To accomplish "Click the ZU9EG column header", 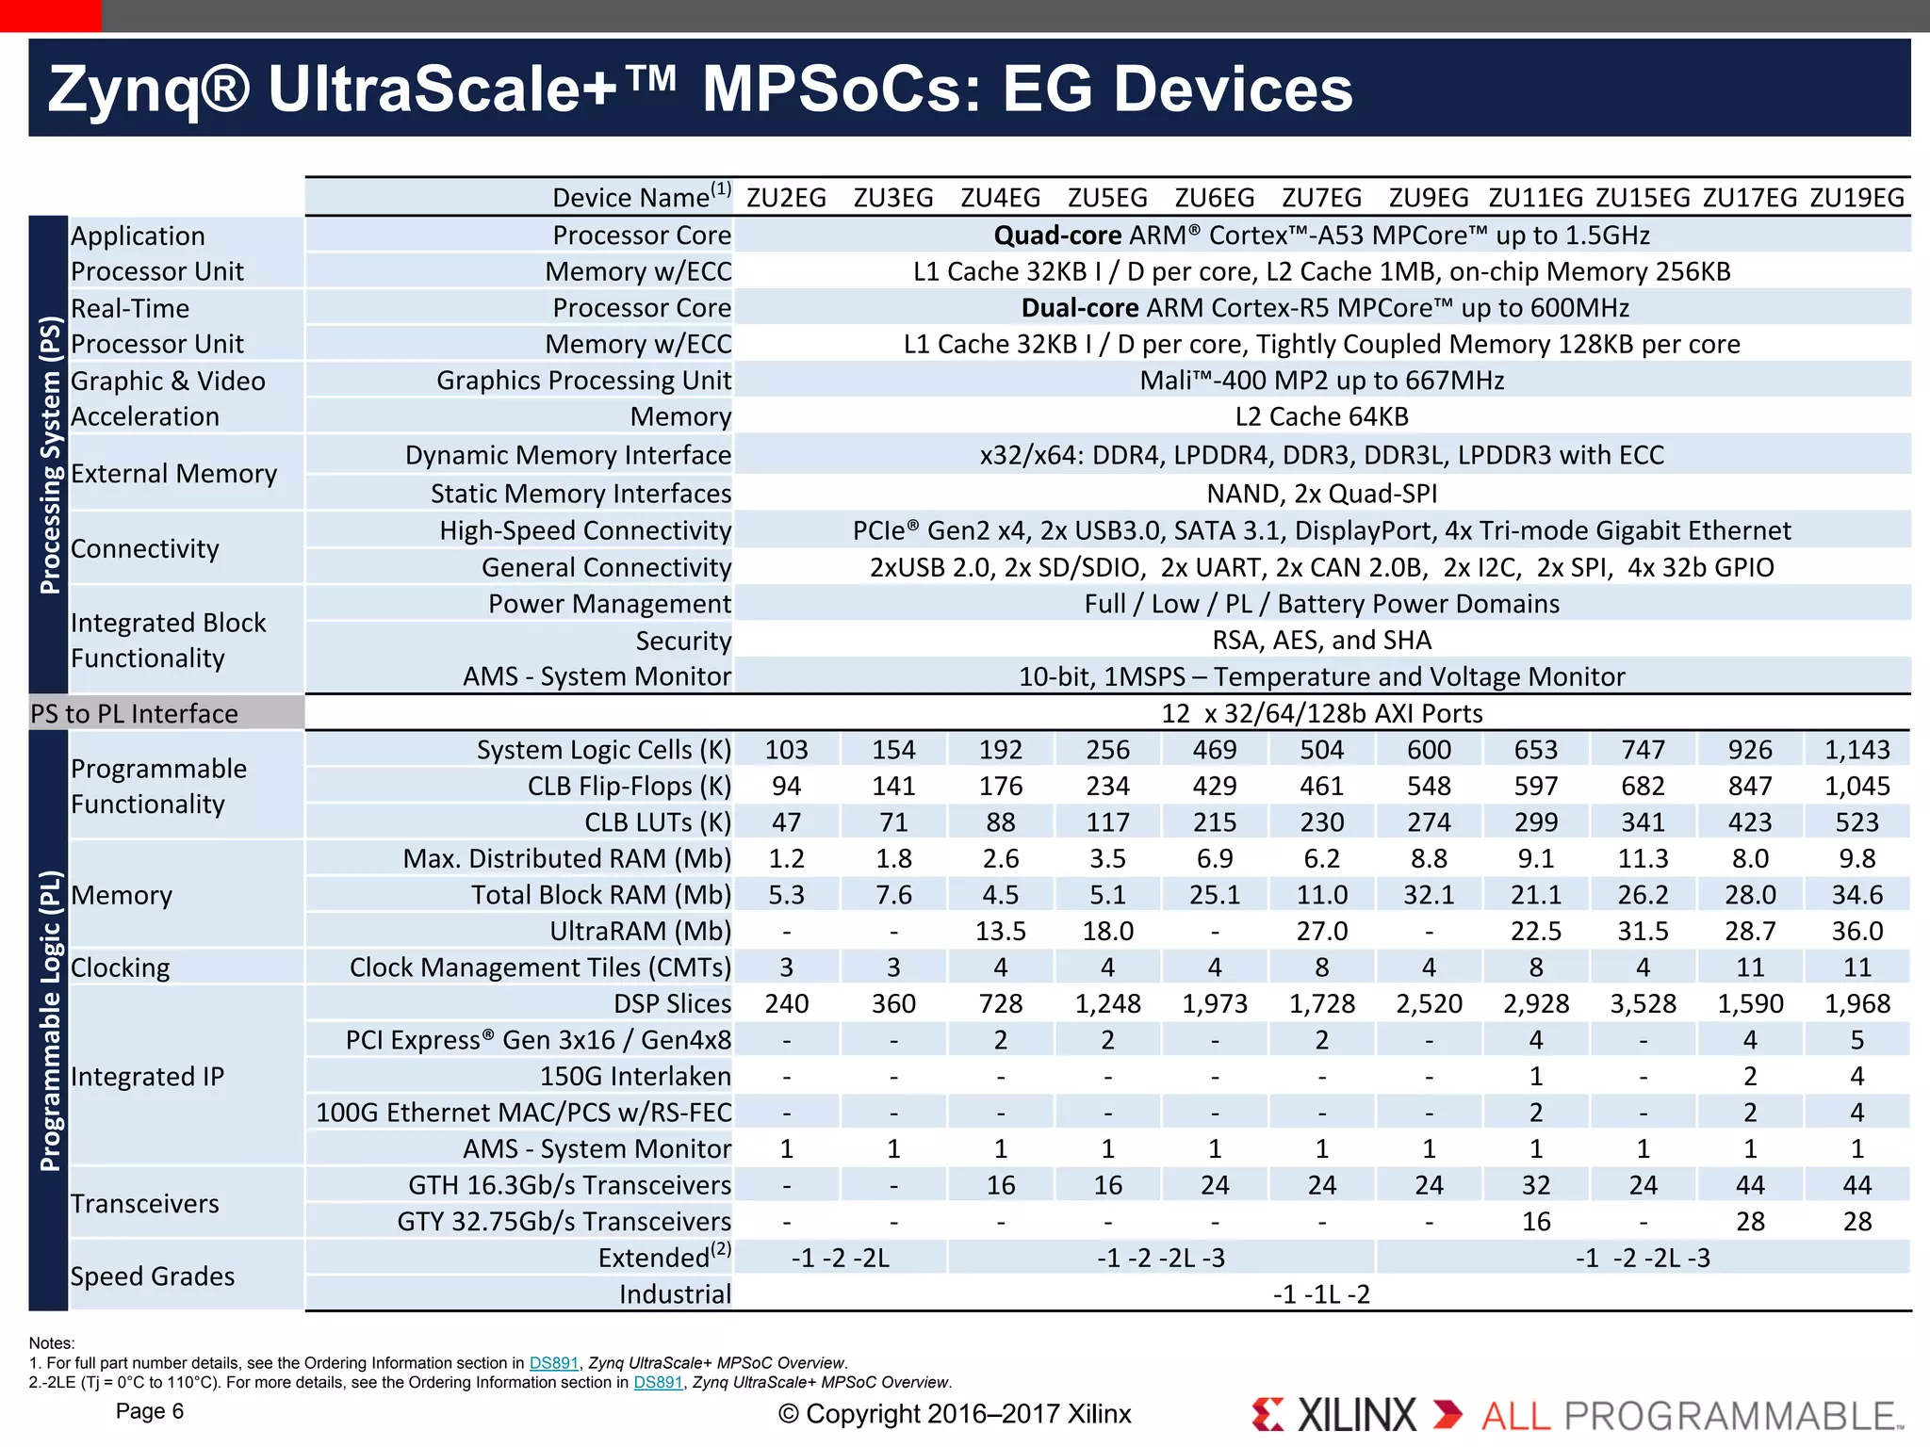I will click(1429, 198).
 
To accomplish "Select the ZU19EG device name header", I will click(1856, 198).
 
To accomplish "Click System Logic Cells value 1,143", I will click(1856, 750).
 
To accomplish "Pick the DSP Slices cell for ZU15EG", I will click(1643, 1004).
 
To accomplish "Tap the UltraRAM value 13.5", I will click(1000, 932).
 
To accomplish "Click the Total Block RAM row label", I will click(601, 895).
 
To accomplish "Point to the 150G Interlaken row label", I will click(635, 1077).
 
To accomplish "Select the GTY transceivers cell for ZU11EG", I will click(1536, 1222).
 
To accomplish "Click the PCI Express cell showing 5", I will click(1856, 1040).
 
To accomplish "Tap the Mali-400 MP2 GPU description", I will click(1321, 381).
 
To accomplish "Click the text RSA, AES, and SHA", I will click(1321, 641).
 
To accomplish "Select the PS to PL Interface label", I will click(134, 714).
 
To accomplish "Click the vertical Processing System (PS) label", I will click(49, 455).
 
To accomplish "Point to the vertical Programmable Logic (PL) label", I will click(49, 1020).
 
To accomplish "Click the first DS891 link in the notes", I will click(553, 1363).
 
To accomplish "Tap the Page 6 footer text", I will click(149, 1411).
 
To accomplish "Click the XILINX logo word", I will click(1356, 1415).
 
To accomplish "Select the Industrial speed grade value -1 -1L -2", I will click(1321, 1294).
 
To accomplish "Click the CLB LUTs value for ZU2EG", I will click(786, 822).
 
